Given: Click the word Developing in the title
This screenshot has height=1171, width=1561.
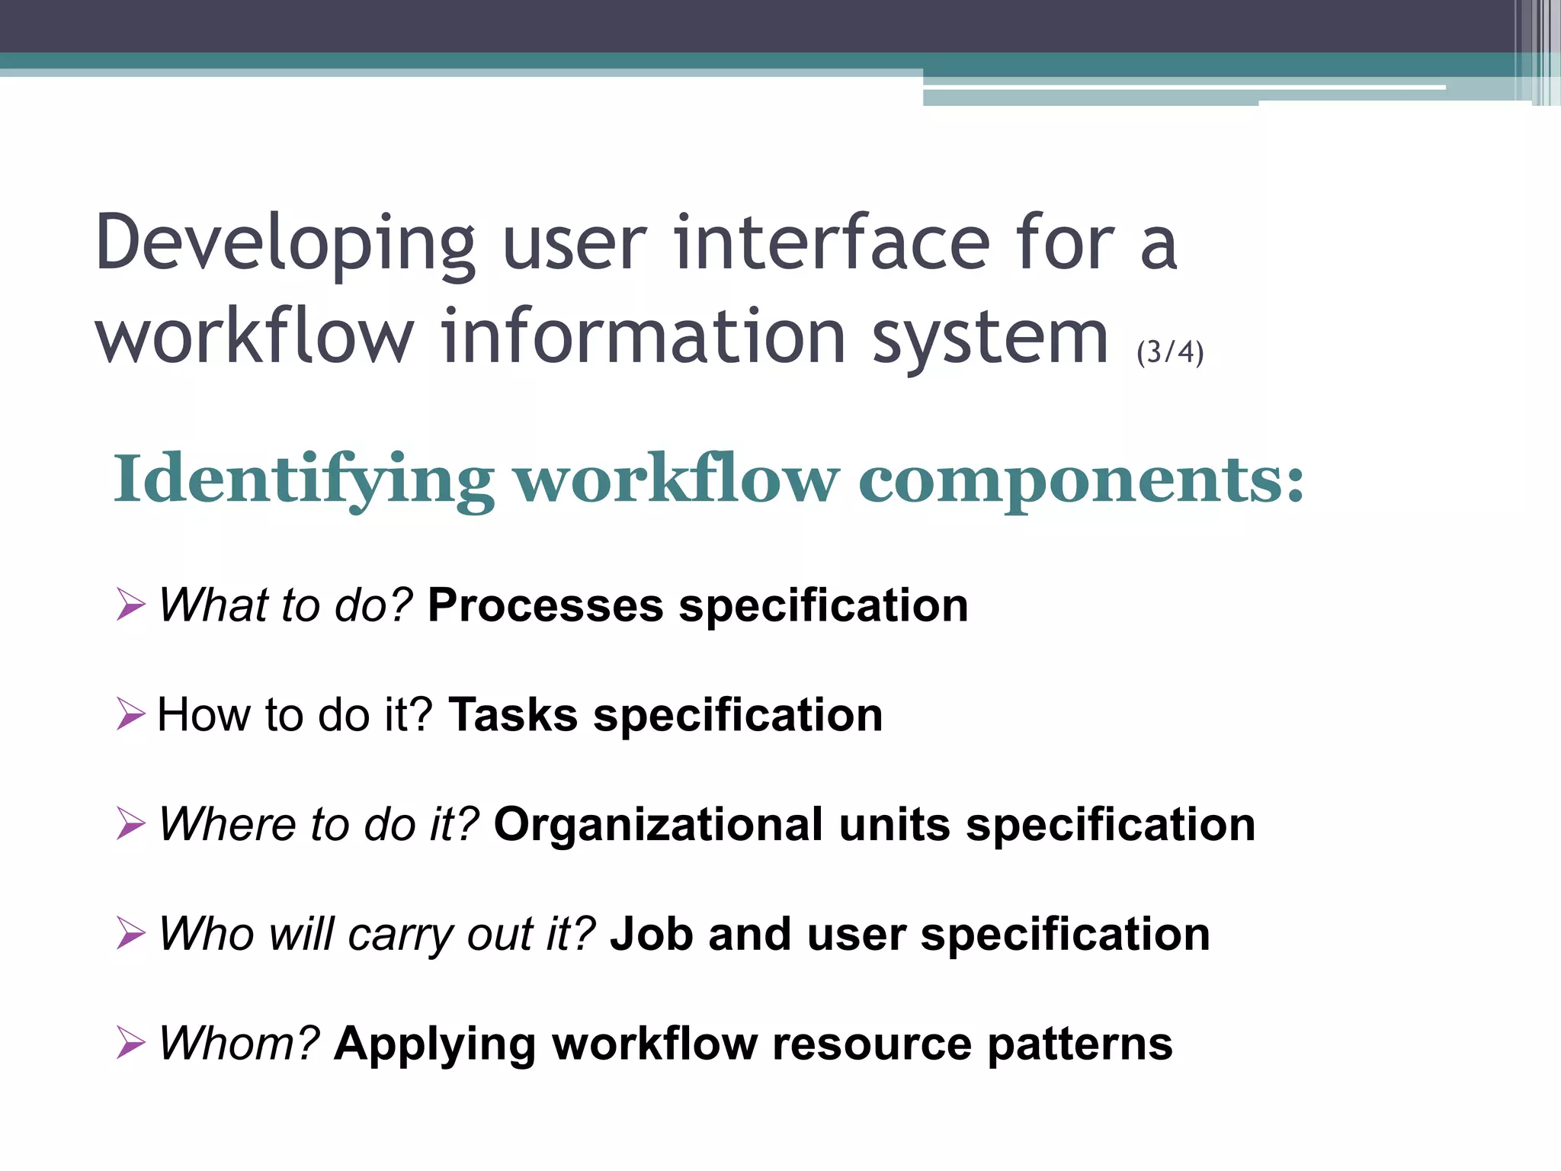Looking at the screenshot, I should [x=285, y=244].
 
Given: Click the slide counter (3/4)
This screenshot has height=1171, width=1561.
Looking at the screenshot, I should [x=1169, y=352].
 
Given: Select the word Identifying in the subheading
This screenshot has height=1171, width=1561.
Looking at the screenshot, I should [x=303, y=480].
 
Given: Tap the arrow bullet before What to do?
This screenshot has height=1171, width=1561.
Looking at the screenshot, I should [x=130, y=605].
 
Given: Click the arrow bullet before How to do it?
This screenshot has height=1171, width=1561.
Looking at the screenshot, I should [x=130, y=715].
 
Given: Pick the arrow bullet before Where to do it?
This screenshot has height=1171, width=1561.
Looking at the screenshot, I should [x=130, y=824].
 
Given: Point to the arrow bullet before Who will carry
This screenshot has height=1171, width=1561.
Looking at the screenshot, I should [x=130, y=934].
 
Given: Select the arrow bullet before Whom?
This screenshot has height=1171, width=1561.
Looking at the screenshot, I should [x=130, y=1043].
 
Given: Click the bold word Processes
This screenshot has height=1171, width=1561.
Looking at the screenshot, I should [x=545, y=606].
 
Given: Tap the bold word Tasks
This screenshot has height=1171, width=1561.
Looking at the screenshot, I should [x=513, y=715].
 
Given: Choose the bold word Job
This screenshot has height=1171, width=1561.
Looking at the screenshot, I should [x=651, y=935].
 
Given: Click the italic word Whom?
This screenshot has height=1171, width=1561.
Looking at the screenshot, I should [x=239, y=1043].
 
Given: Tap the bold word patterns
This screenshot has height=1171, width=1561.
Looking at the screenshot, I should [x=1079, y=1044].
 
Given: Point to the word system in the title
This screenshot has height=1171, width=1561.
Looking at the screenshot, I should [x=989, y=337].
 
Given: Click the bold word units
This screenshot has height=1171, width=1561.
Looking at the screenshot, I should [x=894, y=825].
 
